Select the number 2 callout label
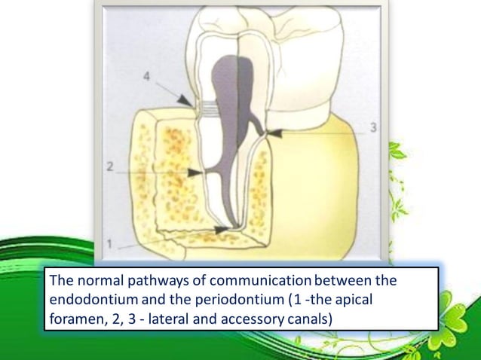(110, 168)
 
